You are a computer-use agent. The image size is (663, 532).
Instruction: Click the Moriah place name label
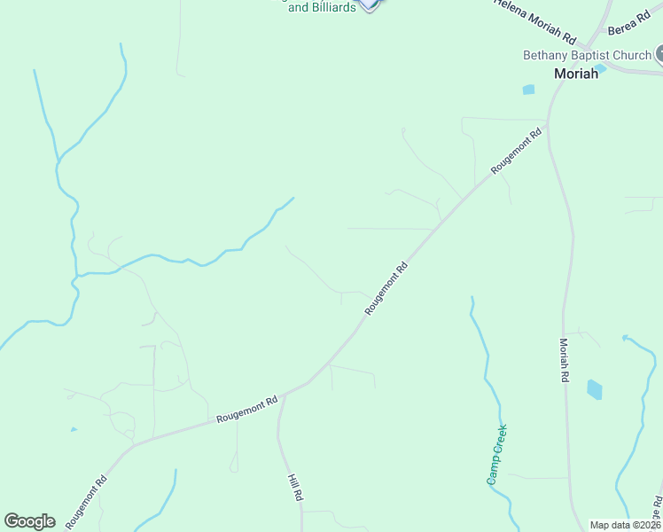pos(576,74)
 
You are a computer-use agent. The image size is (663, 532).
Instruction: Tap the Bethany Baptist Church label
pos(587,55)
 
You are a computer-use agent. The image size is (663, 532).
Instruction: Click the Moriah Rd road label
pos(564,359)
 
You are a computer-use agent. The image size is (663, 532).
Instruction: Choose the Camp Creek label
pos(496,455)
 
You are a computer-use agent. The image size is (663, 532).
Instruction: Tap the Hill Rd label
pos(295,489)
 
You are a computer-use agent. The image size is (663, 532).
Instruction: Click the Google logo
pos(29,521)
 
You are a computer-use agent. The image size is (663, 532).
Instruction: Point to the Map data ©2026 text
pos(626,525)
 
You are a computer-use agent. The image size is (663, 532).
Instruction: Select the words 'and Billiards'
pos(323,8)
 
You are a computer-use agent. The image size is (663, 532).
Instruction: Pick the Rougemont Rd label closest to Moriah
pos(516,152)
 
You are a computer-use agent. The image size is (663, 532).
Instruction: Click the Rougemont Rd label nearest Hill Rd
pos(247,409)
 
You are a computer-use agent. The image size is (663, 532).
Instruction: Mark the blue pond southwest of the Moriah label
pos(529,89)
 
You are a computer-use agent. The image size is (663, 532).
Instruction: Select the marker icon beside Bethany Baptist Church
pos(659,55)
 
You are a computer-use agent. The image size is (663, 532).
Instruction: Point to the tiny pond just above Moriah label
pos(601,67)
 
